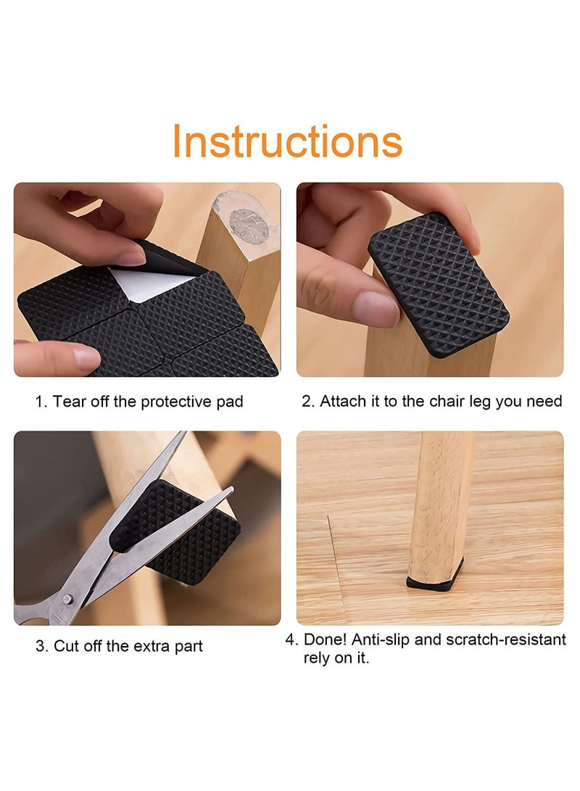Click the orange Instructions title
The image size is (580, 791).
click(288, 142)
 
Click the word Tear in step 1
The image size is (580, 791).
click(67, 402)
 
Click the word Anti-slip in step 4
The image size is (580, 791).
click(394, 639)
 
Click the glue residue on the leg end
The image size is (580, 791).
click(248, 225)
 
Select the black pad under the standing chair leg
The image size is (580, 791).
click(434, 581)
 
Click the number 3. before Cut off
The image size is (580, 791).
click(42, 646)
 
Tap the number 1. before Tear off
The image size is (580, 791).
click(41, 402)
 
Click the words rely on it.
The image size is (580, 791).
click(336, 659)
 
